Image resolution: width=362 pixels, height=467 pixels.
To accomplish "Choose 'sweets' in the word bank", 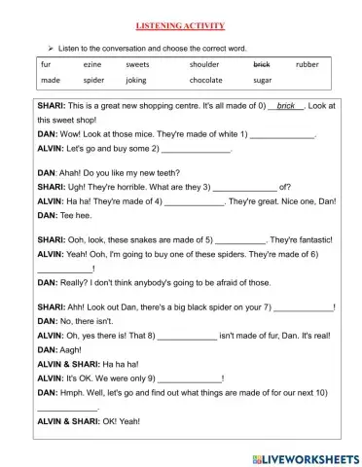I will (138, 65).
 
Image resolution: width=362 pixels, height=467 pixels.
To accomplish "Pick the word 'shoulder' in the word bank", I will (205, 65).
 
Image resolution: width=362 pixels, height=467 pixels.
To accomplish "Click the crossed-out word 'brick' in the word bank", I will (261, 65).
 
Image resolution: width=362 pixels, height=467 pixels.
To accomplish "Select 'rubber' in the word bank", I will (308, 65).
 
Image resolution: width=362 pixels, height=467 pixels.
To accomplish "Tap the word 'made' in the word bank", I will (51, 81).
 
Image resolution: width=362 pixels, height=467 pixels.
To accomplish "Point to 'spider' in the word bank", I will (93, 81).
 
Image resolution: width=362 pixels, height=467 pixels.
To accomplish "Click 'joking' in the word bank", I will (138, 81).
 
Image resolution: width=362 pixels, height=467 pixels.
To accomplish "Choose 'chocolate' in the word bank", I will (206, 81).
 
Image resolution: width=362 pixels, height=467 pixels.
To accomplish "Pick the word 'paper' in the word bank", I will (263, 81).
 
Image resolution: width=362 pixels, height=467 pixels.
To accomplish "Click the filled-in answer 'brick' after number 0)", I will (285, 104).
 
